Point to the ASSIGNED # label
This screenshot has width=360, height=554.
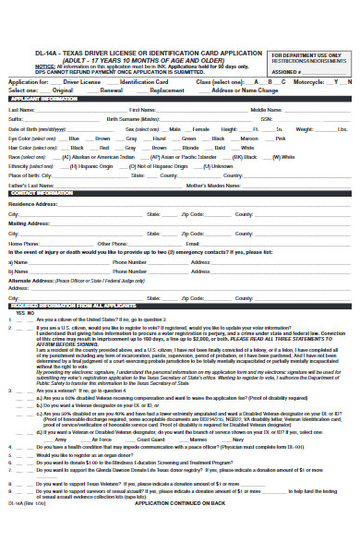[287, 71]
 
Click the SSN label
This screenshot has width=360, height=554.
[266, 119]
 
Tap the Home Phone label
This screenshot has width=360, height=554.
[23, 243]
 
